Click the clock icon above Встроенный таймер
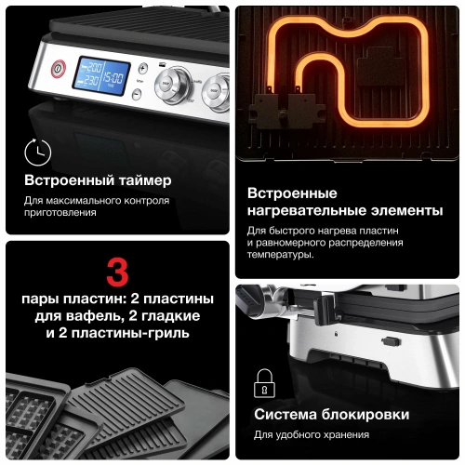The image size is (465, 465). (37, 152)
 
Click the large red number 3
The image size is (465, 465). (117, 273)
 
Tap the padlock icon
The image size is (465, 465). (263, 382)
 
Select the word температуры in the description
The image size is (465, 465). (280, 255)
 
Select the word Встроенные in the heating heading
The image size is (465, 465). (291, 193)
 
